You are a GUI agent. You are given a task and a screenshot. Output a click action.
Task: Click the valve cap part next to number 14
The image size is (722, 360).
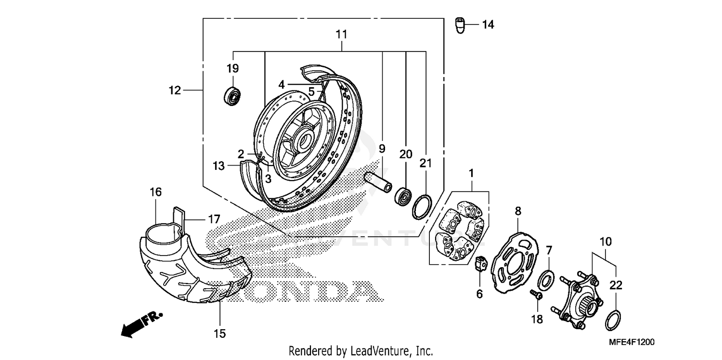click(x=461, y=25)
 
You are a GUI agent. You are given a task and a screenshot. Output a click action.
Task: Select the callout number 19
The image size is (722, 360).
click(x=233, y=68)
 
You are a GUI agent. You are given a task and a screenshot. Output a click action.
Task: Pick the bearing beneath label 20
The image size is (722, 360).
click(x=403, y=196)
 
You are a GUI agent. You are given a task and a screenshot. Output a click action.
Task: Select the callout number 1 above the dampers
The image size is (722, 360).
click(x=472, y=172)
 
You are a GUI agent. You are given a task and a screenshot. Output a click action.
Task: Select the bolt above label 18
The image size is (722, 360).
click(x=536, y=294)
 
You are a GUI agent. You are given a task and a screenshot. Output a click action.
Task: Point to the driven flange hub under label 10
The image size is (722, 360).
click(x=580, y=300)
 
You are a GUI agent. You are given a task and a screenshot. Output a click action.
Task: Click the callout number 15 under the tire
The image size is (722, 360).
click(x=219, y=334)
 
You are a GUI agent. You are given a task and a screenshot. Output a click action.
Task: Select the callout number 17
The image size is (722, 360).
click(x=214, y=219)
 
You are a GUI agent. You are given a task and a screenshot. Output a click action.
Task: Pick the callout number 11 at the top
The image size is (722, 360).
click(x=342, y=35)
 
